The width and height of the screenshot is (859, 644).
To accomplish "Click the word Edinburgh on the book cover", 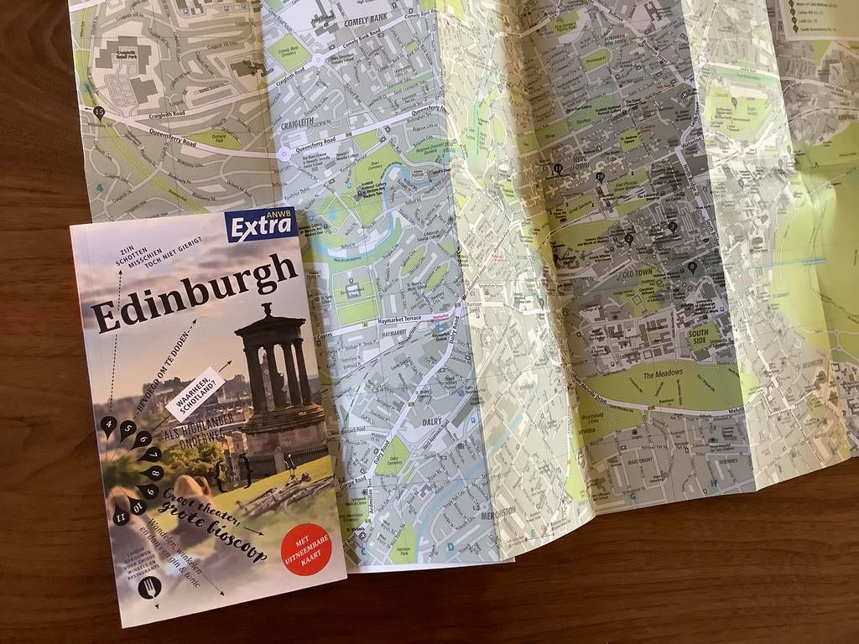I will pyautogui.click(x=194, y=293).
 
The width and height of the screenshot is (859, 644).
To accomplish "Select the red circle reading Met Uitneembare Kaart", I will pyautogui.click(x=305, y=549).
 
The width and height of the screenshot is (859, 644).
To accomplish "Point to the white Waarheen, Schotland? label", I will pyautogui.click(x=195, y=392).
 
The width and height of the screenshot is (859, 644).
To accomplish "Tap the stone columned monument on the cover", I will pyautogui.click(x=276, y=377).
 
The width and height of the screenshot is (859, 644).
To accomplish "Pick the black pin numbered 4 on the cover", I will pyautogui.click(x=108, y=426).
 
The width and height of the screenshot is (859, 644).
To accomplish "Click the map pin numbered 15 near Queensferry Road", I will pyautogui.click(x=100, y=112).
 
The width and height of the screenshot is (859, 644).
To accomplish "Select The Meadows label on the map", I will pyautogui.click(x=664, y=372).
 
